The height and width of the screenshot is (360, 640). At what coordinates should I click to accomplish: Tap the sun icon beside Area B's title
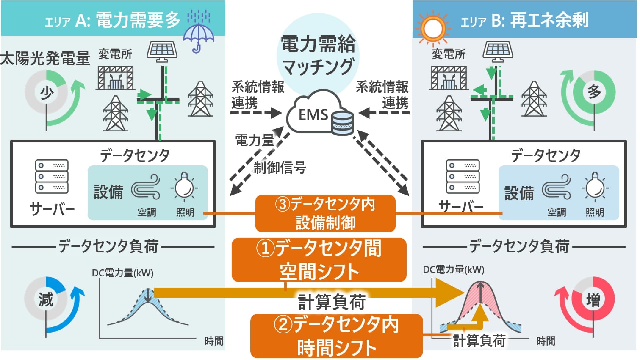coord(433,27)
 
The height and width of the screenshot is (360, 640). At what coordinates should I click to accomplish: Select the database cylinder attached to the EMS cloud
coord(342,123)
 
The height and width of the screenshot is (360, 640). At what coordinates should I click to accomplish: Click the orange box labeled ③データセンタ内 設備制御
coord(325,213)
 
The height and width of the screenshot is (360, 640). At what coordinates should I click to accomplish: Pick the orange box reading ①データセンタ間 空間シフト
coord(319,260)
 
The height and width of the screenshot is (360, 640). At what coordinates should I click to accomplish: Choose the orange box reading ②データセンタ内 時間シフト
coord(336,336)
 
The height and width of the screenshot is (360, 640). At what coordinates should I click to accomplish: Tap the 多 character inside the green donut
coord(594,91)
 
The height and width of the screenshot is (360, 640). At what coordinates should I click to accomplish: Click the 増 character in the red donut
coord(593,299)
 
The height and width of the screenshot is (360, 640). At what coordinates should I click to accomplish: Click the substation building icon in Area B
coord(449,78)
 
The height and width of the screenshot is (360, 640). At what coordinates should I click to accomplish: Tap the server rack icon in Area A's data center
coord(52,176)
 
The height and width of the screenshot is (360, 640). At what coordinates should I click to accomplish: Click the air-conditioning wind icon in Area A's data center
coord(146,187)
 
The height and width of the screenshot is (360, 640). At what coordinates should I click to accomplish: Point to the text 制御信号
coord(280,167)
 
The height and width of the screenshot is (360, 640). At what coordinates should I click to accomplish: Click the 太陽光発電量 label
coord(45,58)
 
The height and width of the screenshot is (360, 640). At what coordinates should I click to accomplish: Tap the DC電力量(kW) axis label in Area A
coord(123,273)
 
